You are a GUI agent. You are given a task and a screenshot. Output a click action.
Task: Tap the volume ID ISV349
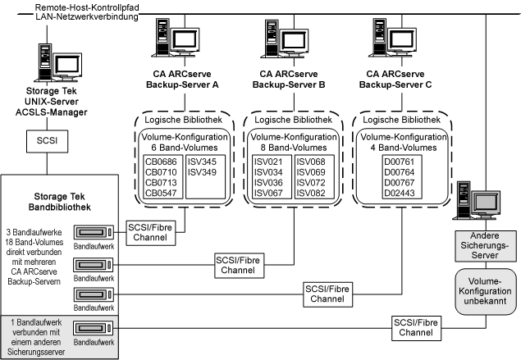point(201,172)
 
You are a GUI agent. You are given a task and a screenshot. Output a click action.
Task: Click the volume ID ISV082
point(310,194)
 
